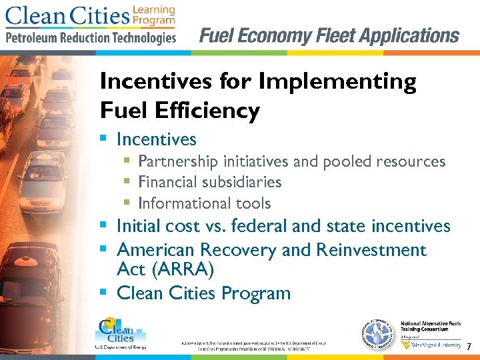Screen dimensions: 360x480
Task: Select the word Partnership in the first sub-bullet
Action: tap(178, 161)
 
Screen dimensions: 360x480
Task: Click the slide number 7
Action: tap(469, 347)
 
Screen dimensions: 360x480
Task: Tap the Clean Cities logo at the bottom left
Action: tap(116, 333)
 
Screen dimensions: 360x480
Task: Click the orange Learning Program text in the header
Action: tap(153, 15)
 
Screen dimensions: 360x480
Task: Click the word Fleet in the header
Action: tap(329, 35)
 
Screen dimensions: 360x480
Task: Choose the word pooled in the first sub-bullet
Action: tap(351, 161)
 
